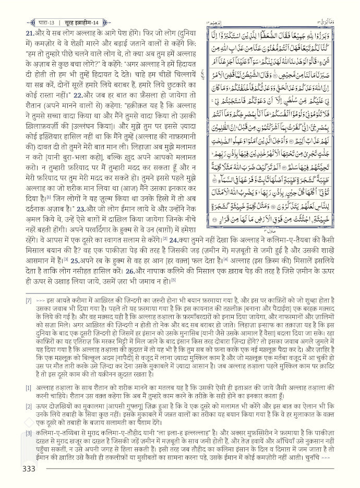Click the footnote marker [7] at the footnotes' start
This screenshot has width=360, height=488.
click(x=29, y=301)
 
